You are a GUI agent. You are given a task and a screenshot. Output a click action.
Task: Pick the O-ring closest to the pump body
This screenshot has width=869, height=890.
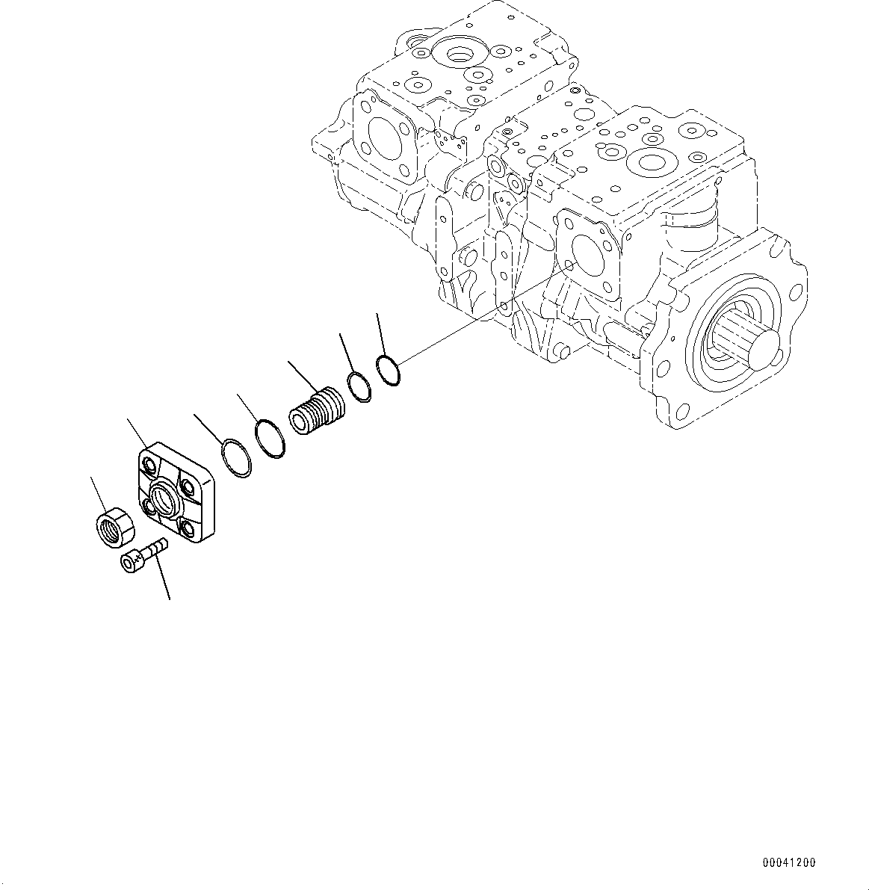[x=388, y=371]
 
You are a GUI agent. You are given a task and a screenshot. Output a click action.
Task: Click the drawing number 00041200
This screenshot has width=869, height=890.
[x=789, y=862]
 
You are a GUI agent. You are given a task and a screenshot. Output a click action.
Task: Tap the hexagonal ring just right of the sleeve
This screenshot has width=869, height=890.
[x=360, y=386]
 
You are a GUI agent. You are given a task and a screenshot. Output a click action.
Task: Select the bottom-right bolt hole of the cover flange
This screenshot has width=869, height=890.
[x=188, y=530]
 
